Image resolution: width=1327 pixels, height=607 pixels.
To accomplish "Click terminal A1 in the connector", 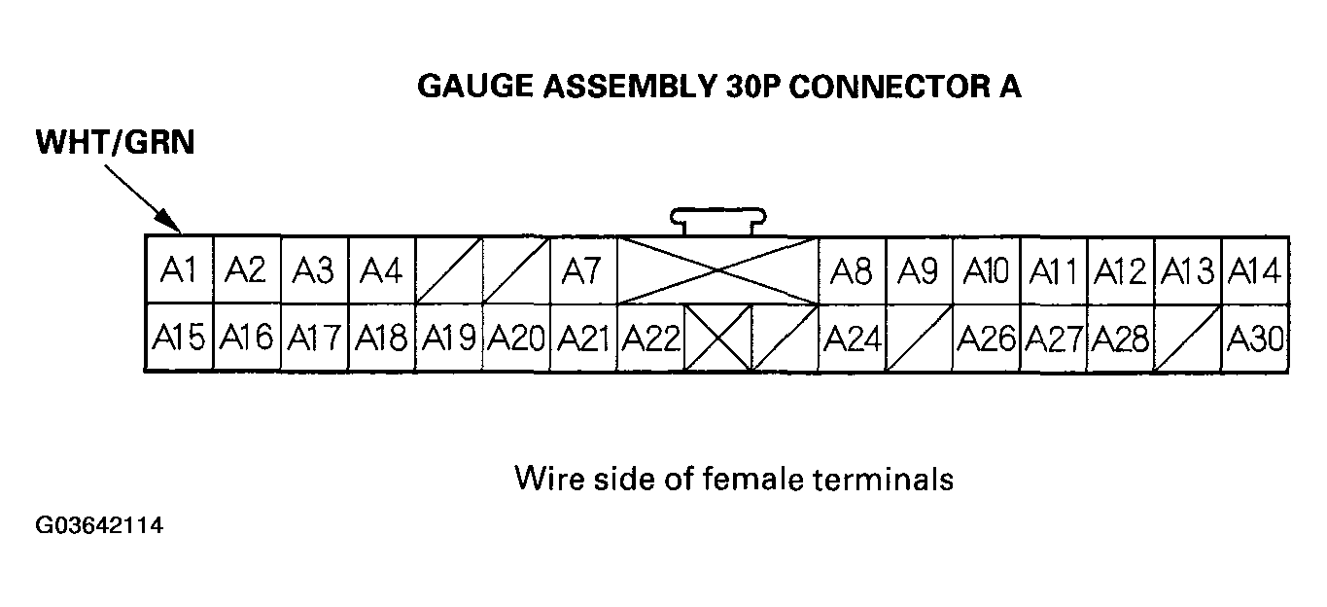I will (x=179, y=270).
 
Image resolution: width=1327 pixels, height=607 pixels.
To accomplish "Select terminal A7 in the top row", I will (x=583, y=270).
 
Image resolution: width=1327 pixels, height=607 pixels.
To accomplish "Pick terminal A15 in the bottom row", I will (x=179, y=338).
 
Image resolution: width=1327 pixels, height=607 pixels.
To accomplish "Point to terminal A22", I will (x=650, y=338).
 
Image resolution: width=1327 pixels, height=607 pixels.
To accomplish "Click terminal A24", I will (x=852, y=338).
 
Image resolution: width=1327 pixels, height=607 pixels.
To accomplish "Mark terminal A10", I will (x=986, y=270).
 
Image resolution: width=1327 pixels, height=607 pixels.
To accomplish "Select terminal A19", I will (x=449, y=338).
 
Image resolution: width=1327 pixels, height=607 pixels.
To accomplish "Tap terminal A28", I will (x=1120, y=338).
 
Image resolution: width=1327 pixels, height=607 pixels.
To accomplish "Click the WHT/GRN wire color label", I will (x=116, y=143).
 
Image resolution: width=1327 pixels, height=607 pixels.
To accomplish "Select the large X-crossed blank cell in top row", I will (x=717, y=270).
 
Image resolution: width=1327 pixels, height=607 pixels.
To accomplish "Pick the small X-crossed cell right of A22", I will (x=717, y=338).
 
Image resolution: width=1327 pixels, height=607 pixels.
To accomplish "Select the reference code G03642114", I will (x=99, y=526).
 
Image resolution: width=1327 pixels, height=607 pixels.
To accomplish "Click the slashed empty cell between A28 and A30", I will (x=1188, y=338).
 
